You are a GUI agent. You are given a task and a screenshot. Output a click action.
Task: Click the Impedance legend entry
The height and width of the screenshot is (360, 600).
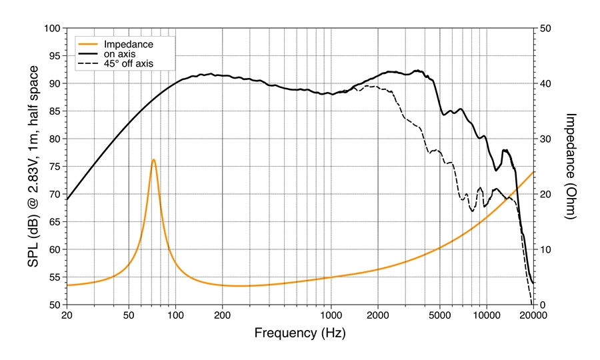tap(129, 44)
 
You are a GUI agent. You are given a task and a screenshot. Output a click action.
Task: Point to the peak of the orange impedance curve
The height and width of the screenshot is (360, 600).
tap(154, 159)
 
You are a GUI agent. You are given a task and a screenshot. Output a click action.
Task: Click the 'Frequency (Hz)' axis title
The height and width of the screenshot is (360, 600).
tap(299, 331)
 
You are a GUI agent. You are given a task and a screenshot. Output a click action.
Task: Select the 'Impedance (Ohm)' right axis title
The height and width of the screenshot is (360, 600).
tap(571, 166)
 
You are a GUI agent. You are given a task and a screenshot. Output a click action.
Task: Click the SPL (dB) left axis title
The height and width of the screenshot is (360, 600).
tap(33, 167)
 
